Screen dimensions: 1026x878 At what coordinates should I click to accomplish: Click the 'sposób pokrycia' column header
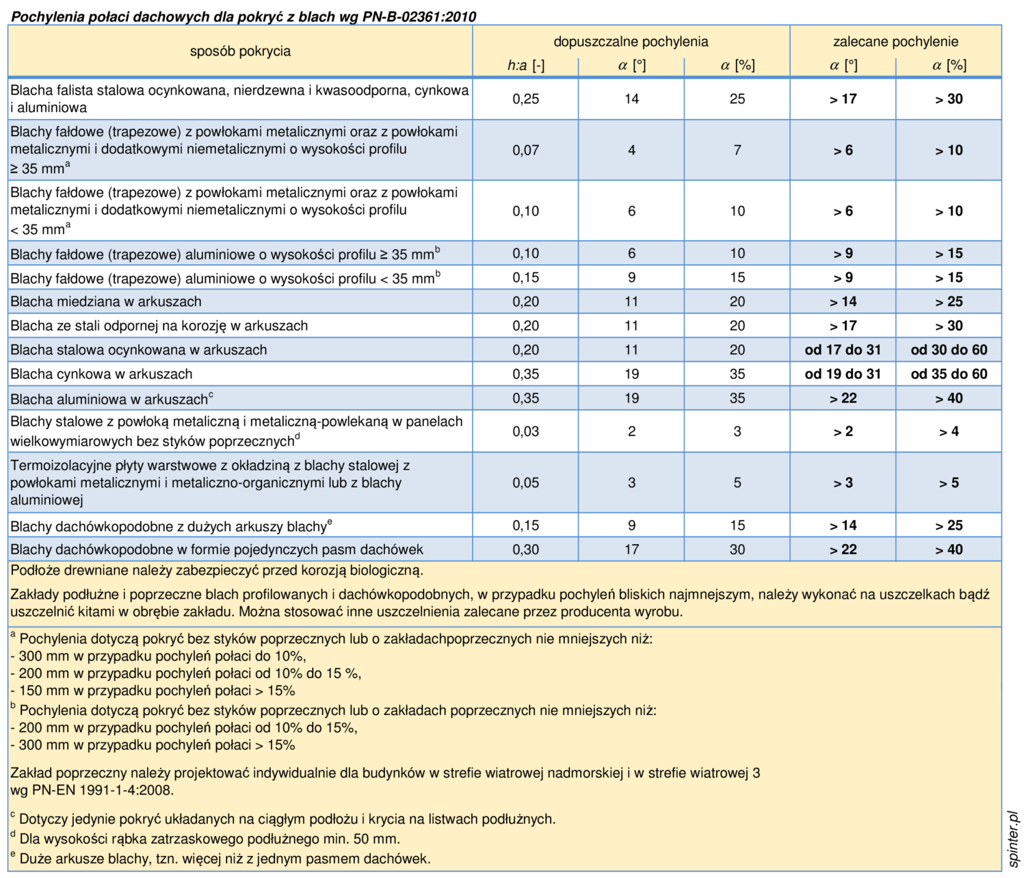[240, 51]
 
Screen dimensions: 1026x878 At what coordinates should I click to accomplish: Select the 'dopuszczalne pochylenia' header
[631, 41]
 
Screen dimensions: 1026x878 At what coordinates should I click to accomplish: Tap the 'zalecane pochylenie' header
[895, 41]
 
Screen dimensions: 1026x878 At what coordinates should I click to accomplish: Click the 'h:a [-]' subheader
[526, 65]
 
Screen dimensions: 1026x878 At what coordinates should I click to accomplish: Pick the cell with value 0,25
[526, 99]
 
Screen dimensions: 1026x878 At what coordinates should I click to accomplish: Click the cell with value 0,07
[526, 150]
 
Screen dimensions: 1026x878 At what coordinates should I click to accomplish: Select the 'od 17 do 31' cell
[843, 350]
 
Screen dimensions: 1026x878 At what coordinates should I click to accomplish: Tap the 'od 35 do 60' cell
[949, 374]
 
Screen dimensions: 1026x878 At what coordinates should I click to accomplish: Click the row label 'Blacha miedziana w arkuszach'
[106, 301]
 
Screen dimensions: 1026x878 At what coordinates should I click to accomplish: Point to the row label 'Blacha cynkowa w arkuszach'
[101, 374]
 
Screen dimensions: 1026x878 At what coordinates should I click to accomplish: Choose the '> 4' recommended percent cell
[949, 431]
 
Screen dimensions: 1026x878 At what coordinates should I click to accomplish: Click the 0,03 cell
[526, 431]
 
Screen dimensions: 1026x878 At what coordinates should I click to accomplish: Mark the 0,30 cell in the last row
[526, 550]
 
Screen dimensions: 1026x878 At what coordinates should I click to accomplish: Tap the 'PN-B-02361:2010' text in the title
[419, 17]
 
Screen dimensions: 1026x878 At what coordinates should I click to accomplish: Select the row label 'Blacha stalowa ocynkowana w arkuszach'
[138, 350]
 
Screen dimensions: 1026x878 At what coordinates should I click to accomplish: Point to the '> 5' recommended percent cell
[949, 482]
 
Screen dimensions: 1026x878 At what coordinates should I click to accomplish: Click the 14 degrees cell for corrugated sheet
[631, 99]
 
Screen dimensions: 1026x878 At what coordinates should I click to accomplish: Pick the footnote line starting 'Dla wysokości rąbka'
[205, 839]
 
